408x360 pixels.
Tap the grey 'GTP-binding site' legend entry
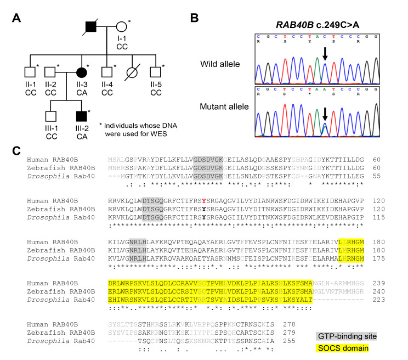348,336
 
